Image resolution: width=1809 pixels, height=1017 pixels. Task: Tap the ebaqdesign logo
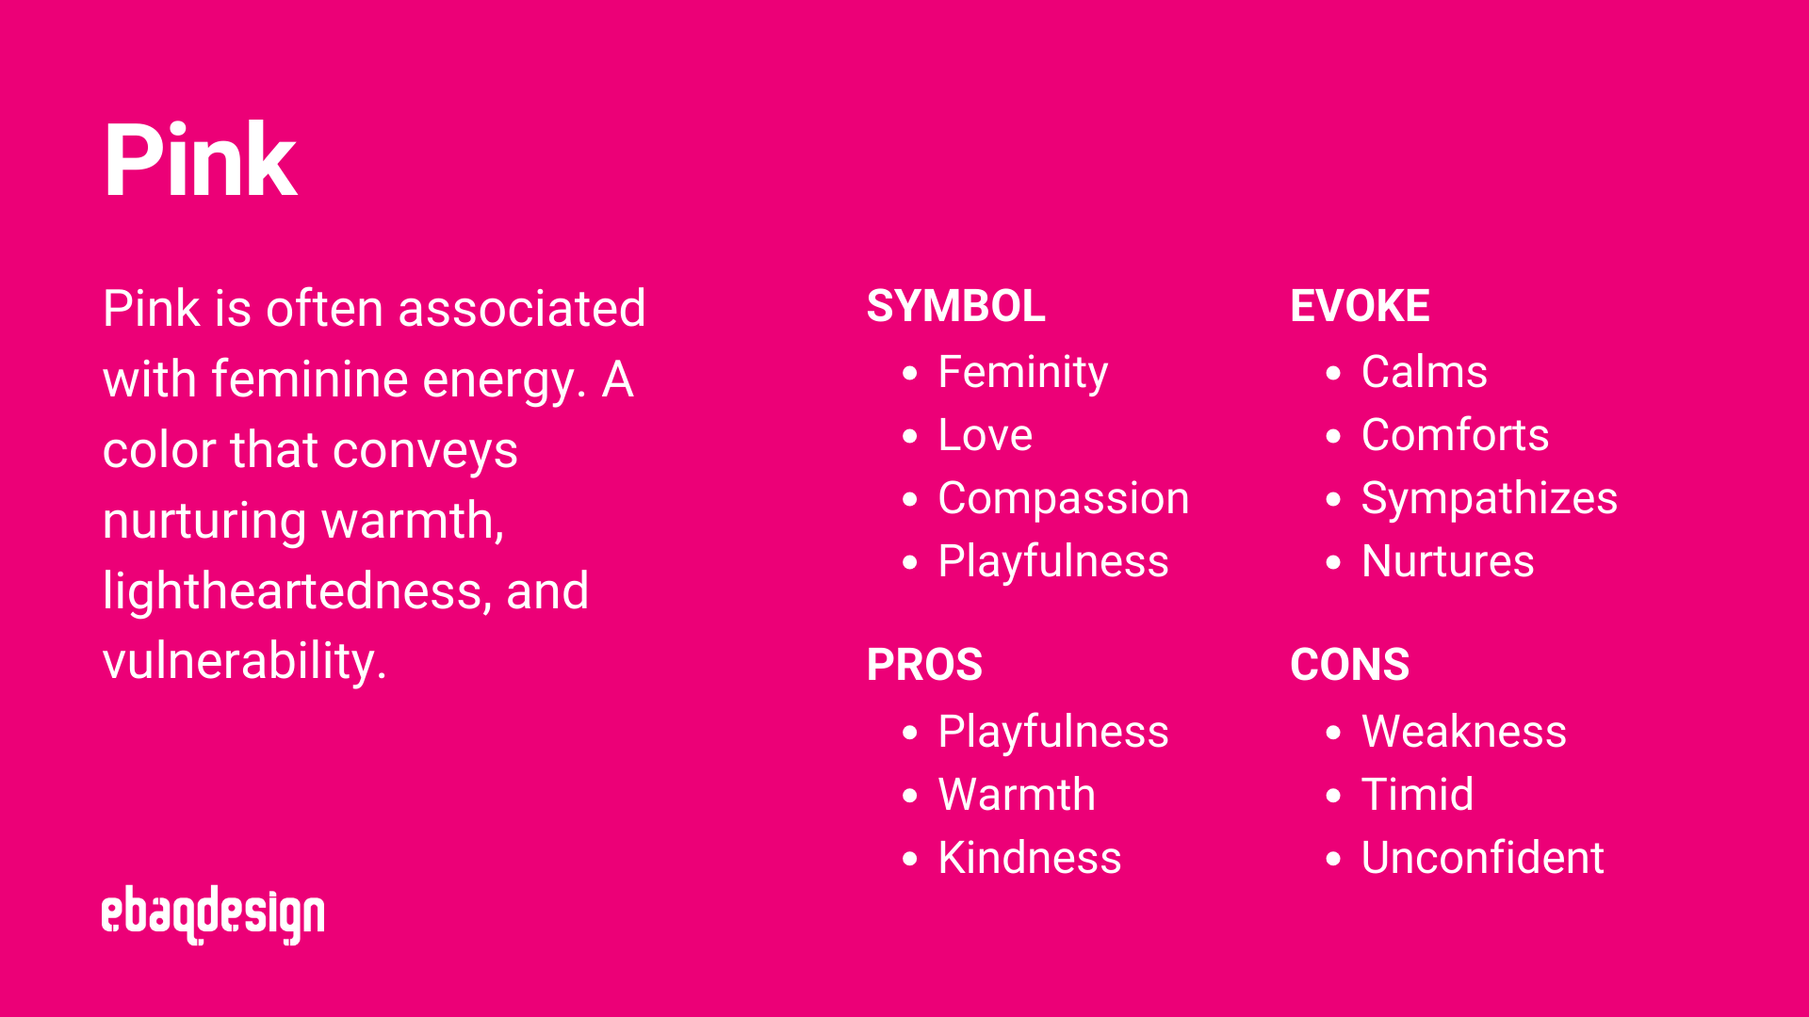click(213, 913)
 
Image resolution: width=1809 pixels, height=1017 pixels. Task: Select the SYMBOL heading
click(955, 306)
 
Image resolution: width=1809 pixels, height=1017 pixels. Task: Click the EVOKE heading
click(1360, 306)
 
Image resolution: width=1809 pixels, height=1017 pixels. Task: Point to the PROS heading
click(924, 665)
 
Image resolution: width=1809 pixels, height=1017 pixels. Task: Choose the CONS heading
click(1349, 665)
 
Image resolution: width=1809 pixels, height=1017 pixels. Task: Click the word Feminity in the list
click(1023, 373)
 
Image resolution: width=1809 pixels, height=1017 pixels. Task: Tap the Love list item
click(986, 435)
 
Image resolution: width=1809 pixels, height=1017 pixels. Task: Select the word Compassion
click(1064, 498)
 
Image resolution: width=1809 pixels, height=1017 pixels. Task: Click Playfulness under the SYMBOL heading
click(1053, 561)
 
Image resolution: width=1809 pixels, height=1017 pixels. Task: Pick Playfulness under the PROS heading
click(1053, 732)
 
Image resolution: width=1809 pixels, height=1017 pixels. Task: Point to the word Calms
click(1425, 372)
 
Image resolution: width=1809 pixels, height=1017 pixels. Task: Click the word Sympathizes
click(1490, 498)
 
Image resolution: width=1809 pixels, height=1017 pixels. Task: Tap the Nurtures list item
click(1448, 561)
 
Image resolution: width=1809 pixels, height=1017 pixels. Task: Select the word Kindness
click(1030, 858)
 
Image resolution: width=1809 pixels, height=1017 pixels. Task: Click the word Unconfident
click(1483, 858)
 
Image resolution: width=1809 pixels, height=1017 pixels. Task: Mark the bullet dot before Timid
click(1333, 796)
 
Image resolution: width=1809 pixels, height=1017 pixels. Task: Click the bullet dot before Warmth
click(909, 796)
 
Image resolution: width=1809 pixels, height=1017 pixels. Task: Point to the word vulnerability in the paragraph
click(243, 661)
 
